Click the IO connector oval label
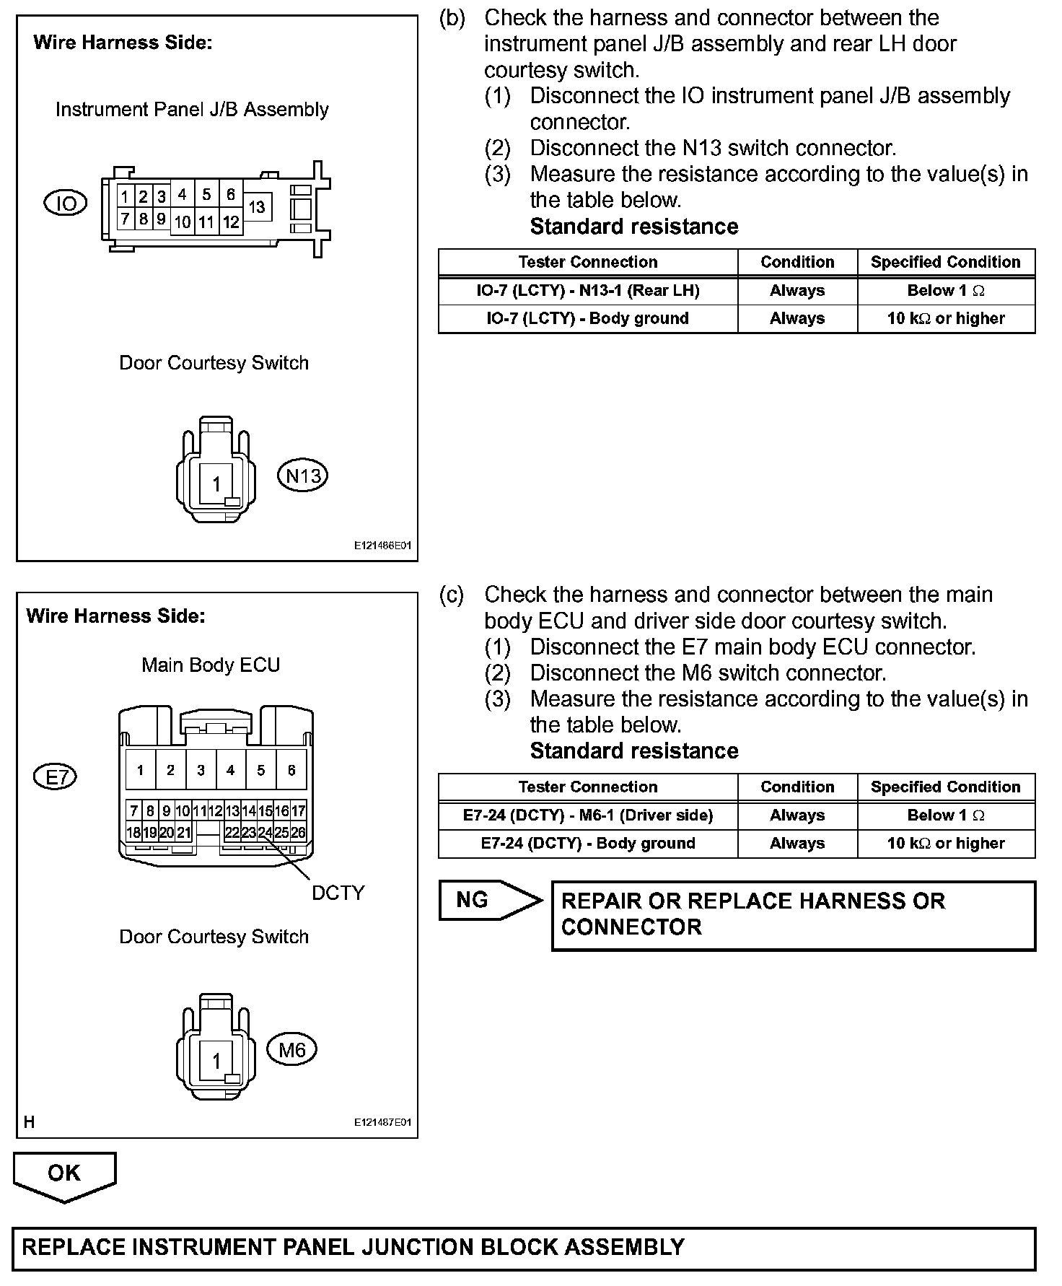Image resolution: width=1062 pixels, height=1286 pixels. tap(66, 204)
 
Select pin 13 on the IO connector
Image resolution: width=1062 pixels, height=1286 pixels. tap(257, 207)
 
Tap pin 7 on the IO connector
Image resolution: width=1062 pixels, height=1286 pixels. tap(125, 219)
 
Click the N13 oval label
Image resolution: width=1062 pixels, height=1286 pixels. tap(303, 476)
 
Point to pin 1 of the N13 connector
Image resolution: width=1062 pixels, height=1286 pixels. tap(216, 484)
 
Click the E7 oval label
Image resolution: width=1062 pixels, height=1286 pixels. tap(56, 777)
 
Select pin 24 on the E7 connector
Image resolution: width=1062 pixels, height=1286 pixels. tap(265, 832)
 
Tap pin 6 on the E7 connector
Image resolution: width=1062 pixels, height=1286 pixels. tap(291, 770)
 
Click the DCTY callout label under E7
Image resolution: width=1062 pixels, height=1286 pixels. tap(338, 893)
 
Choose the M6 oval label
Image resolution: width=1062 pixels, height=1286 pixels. tap(292, 1049)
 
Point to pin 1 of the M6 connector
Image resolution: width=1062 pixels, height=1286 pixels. tap(216, 1061)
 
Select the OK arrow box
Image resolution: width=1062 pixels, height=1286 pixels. tap(64, 1174)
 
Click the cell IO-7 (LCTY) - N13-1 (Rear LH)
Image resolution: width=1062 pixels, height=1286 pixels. tap(588, 291)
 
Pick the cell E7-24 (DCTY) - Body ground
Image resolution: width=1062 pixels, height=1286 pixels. tap(588, 844)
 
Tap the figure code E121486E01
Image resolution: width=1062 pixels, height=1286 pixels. tap(382, 546)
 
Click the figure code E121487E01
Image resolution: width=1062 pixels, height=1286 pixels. tap(382, 1123)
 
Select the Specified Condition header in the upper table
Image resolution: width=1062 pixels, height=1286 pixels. tap(945, 262)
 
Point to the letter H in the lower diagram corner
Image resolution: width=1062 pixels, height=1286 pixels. tap(30, 1122)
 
